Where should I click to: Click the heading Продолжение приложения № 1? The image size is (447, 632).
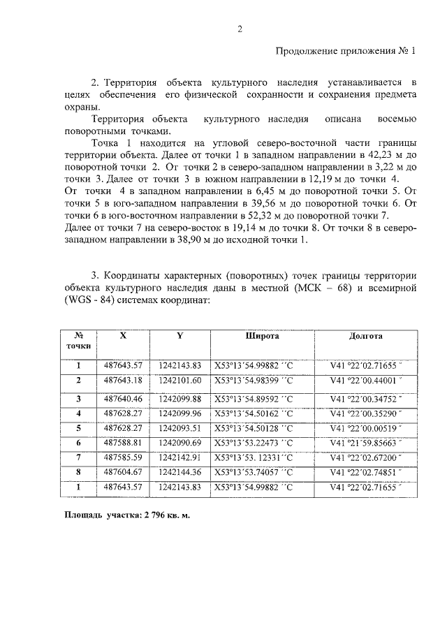pyautogui.click(x=346, y=51)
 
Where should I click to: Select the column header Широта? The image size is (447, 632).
pyautogui.click(x=262, y=335)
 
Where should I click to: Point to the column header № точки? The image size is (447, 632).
pyautogui.click(x=79, y=340)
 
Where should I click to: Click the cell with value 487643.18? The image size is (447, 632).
pyautogui.click(x=123, y=380)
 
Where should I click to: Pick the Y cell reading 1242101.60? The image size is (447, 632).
pyautogui.click(x=179, y=380)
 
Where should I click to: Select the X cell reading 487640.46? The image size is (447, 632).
pyautogui.click(x=123, y=399)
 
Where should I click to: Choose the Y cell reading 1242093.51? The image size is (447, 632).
pyautogui.click(x=179, y=428)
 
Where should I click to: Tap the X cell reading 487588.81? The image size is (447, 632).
pyautogui.click(x=123, y=443)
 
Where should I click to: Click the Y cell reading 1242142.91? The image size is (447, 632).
pyautogui.click(x=179, y=457)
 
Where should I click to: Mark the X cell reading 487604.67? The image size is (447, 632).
pyautogui.click(x=123, y=472)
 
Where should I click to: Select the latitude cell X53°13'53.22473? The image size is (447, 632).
pyautogui.click(x=255, y=443)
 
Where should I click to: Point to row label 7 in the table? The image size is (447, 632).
pyautogui.click(x=79, y=457)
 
